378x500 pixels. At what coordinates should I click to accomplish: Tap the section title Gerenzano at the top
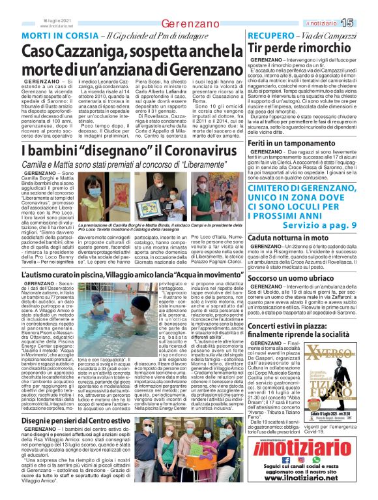[x=189, y=23]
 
